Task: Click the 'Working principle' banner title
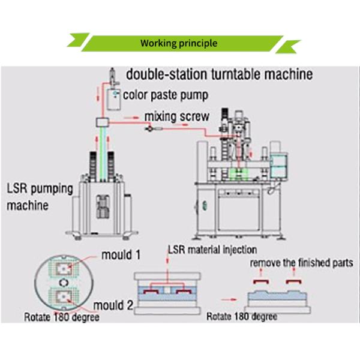coord(179,43)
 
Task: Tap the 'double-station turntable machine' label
coord(218,75)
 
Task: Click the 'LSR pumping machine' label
coord(40,197)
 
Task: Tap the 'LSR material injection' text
coord(212,250)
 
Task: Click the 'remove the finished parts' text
coord(302,263)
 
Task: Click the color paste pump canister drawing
coord(111,97)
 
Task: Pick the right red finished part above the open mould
coord(293,281)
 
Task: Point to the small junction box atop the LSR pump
coord(101,122)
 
